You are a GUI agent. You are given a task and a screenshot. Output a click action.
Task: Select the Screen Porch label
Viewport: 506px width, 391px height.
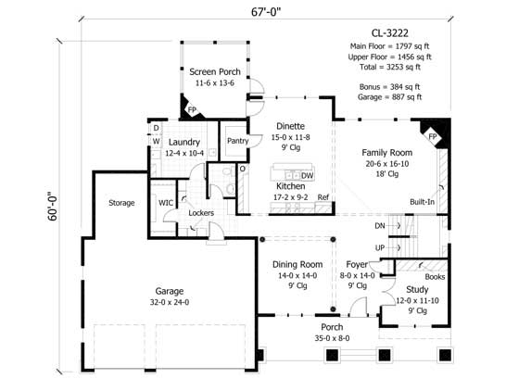[214, 71]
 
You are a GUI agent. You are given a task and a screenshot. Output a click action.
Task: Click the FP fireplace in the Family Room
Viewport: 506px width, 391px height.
[431, 136]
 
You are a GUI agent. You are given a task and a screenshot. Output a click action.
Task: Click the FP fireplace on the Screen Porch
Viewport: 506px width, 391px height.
[194, 109]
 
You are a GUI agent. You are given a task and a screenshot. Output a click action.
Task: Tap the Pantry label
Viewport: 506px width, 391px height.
[237, 141]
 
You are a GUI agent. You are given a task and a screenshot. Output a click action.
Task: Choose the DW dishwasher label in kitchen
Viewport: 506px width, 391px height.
[307, 175]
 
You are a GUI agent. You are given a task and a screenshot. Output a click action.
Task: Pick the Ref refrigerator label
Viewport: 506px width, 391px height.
[323, 197]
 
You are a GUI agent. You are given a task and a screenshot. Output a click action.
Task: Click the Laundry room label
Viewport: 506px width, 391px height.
[184, 141]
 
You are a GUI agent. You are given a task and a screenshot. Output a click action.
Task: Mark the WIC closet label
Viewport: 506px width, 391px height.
[166, 202]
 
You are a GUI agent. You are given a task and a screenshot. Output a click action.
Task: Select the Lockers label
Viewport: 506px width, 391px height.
[201, 213]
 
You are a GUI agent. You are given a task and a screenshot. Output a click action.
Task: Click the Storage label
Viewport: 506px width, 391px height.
[120, 202]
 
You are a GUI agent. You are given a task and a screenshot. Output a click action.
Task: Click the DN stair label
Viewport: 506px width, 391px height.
[378, 225]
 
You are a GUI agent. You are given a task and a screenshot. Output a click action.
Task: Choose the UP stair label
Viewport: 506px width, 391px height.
[378, 247]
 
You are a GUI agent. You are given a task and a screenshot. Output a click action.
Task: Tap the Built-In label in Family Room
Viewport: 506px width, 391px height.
[422, 202]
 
